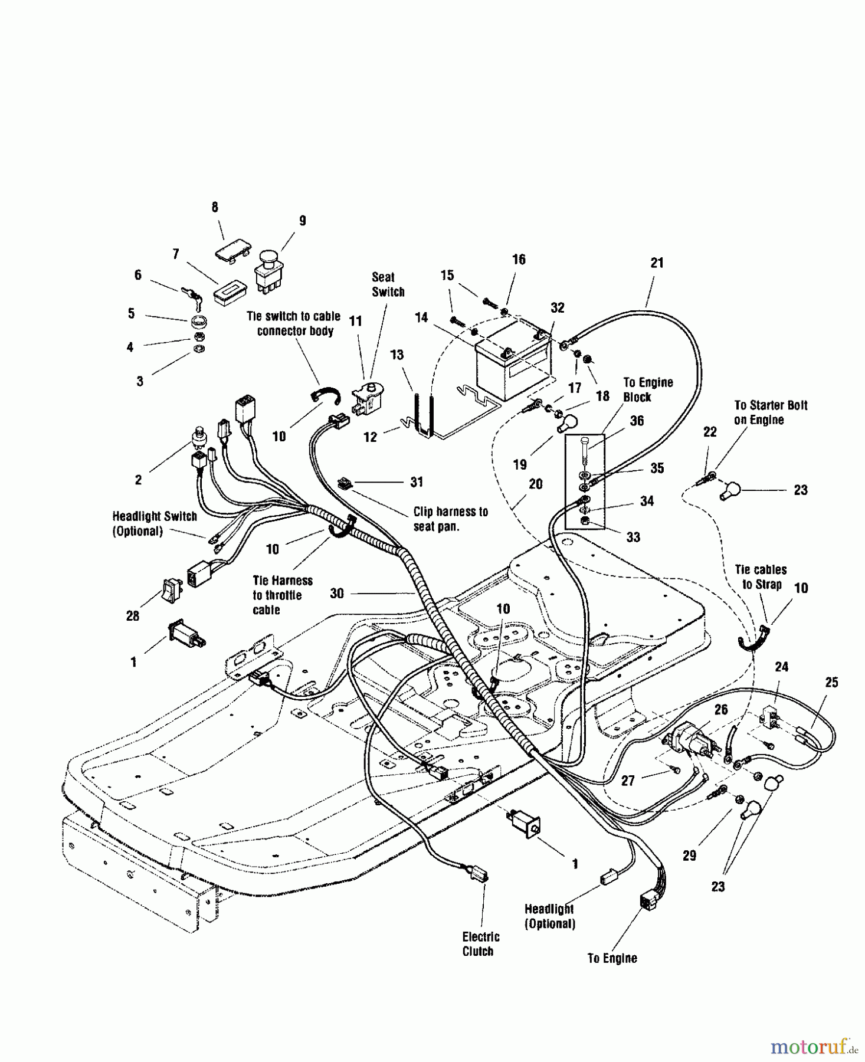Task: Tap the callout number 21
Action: [657, 263]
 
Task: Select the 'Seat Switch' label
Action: [388, 284]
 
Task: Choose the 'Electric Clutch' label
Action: [480, 943]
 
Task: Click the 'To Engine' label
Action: [612, 958]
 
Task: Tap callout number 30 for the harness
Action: [337, 593]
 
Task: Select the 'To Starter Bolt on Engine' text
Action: [770, 412]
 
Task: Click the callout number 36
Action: [637, 421]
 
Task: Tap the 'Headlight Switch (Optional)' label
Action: [155, 523]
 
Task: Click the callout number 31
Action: [417, 482]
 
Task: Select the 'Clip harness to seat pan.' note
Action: [450, 519]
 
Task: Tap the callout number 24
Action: [781, 667]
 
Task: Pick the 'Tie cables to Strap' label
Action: [761, 577]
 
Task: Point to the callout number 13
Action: [397, 355]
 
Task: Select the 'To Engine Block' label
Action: [647, 389]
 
